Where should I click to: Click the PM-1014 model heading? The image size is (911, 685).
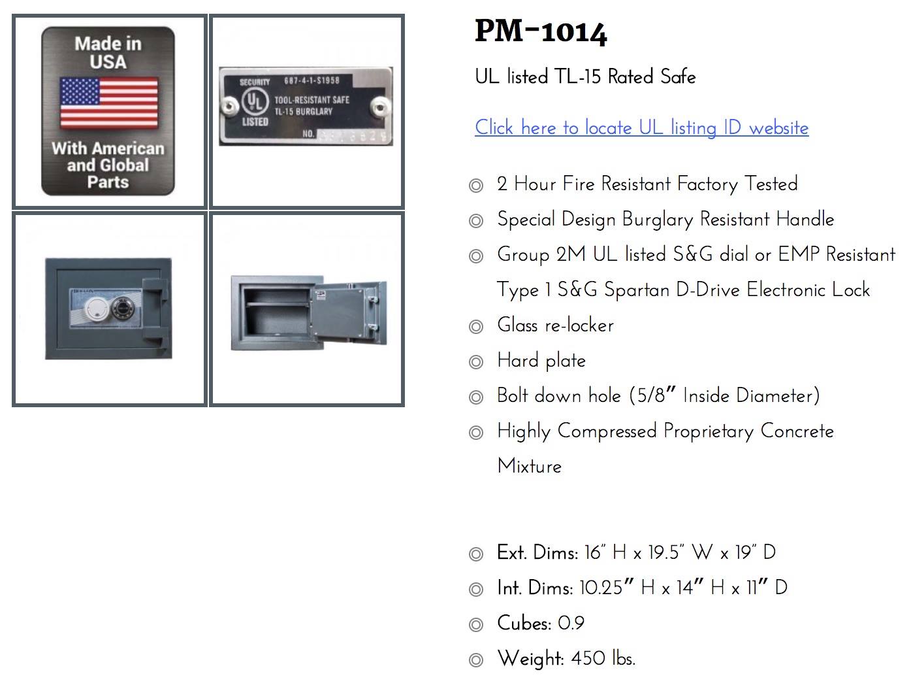[541, 31]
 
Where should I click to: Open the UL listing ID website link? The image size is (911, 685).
[641, 127]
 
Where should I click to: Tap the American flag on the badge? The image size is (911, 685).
[109, 103]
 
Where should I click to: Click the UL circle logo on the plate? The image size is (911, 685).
[255, 102]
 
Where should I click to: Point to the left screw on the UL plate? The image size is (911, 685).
[229, 105]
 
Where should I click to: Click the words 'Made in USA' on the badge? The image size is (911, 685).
[108, 53]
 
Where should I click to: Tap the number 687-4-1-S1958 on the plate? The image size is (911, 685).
[312, 80]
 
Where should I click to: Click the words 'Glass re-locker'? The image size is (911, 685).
[555, 325]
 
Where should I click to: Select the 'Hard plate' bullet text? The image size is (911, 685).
[541, 360]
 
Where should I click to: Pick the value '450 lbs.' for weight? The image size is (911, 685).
[603, 658]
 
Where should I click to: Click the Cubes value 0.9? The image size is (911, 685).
[571, 623]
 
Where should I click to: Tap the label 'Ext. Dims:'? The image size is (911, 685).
[537, 552]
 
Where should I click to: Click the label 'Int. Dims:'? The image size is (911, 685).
[535, 588]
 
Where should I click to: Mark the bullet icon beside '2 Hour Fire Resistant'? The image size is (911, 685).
[476, 186]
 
